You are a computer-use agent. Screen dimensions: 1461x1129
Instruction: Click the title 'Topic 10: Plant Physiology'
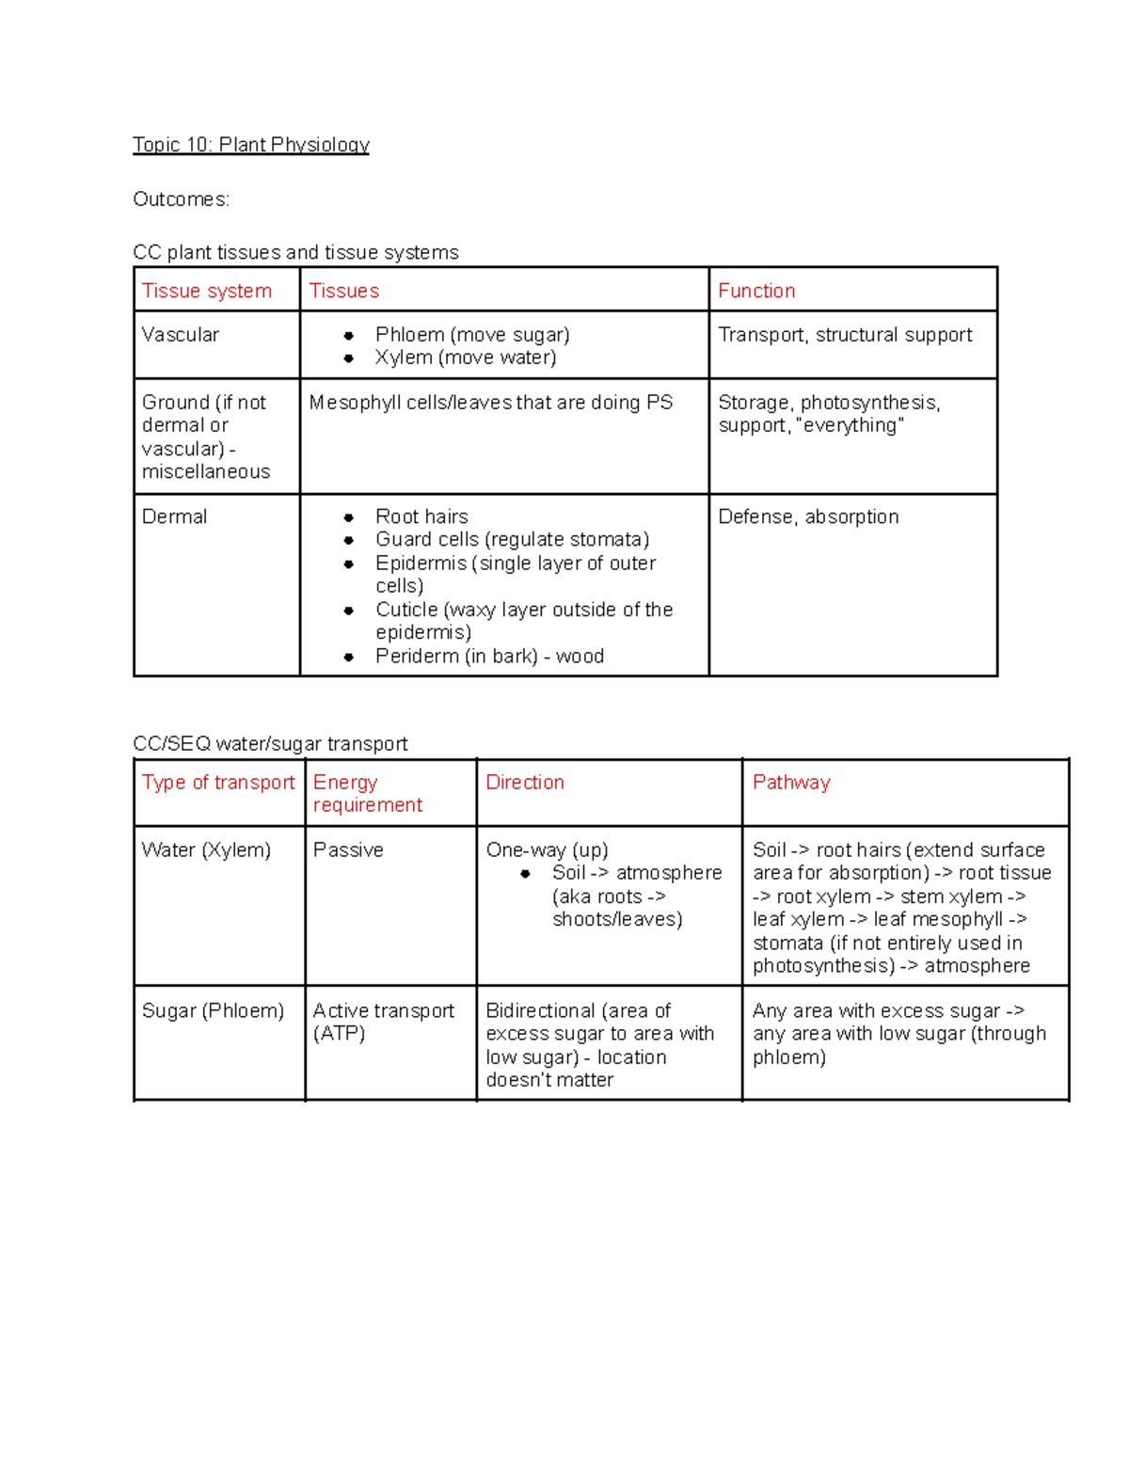pyautogui.click(x=250, y=145)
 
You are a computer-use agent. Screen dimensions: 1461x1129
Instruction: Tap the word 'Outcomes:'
pyautogui.click(x=181, y=199)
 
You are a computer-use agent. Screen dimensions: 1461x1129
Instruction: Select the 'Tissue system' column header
pyautogui.click(x=207, y=291)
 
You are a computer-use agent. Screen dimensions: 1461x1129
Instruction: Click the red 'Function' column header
pyautogui.click(x=756, y=291)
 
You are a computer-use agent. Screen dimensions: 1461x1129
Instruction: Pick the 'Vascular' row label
pyautogui.click(x=180, y=335)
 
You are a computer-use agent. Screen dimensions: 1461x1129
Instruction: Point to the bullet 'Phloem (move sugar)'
pyautogui.click(x=472, y=335)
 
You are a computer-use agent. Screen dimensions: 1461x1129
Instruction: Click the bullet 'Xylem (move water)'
pyautogui.click(x=466, y=357)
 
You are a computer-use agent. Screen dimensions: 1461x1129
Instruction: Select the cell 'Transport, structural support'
pyautogui.click(x=845, y=335)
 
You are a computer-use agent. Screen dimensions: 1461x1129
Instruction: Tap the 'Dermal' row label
pyautogui.click(x=174, y=516)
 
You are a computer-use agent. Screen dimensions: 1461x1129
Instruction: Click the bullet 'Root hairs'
pyautogui.click(x=421, y=516)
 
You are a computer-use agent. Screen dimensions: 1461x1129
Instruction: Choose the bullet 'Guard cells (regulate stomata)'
pyautogui.click(x=512, y=539)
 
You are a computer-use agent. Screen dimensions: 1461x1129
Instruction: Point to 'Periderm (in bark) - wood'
pyautogui.click(x=489, y=657)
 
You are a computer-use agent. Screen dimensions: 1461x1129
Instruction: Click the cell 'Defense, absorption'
pyautogui.click(x=808, y=516)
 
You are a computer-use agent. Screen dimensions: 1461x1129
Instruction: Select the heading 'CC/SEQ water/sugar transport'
pyautogui.click(x=270, y=744)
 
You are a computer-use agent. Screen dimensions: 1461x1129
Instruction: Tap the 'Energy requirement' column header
pyautogui.click(x=367, y=794)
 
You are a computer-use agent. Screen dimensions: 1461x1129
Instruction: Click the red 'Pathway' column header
pyautogui.click(x=791, y=783)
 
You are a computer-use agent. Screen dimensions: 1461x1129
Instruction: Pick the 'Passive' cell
pyautogui.click(x=348, y=850)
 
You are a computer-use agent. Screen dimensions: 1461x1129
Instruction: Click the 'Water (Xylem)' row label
pyautogui.click(x=206, y=850)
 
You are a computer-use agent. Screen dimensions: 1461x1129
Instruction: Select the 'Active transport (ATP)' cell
pyautogui.click(x=383, y=1022)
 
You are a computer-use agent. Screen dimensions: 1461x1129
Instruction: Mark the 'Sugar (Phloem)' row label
pyautogui.click(x=213, y=1010)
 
